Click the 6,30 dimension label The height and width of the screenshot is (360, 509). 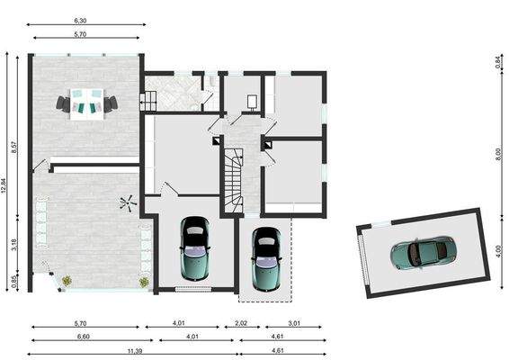(80, 21)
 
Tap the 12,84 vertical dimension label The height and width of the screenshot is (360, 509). (4, 186)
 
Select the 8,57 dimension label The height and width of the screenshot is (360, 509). (14, 148)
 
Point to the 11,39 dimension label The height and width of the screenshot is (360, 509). (135, 351)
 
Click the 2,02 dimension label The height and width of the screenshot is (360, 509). (241, 323)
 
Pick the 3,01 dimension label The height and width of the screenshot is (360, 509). (294, 323)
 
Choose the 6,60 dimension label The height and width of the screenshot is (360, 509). (84, 337)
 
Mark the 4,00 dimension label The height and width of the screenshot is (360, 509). (499, 251)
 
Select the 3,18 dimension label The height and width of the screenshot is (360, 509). (14, 245)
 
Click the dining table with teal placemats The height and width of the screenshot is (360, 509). (87, 104)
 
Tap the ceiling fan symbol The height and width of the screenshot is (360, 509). (128, 203)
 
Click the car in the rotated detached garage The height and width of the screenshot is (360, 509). (424, 252)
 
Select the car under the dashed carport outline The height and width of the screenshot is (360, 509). (266, 259)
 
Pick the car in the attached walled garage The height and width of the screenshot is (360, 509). (195, 248)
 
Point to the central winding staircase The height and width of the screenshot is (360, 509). (234, 181)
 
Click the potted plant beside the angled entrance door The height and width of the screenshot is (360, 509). (67, 281)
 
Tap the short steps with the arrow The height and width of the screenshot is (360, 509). (148, 101)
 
